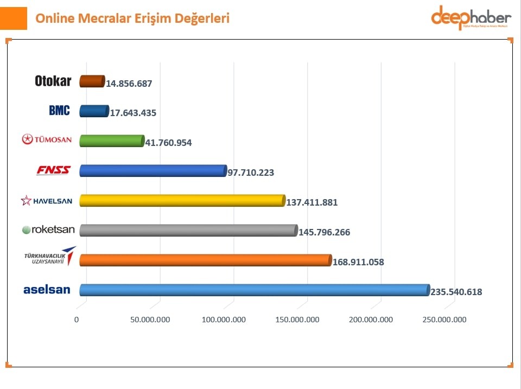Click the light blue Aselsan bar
click(x=254, y=290)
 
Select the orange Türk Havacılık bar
click(x=205, y=260)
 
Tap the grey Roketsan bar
click(x=188, y=231)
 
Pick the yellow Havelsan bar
click(x=182, y=201)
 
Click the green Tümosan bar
click(x=112, y=141)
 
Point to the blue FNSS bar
click(x=153, y=171)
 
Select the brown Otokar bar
click(x=92, y=81)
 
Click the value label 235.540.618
click(x=456, y=292)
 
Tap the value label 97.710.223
click(x=251, y=173)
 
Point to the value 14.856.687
click(x=129, y=84)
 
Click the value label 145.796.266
click(x=325, y=232)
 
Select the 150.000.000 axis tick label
click(x=297, y=320)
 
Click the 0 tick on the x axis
click(x=77, y=320)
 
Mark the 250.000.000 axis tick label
click(x=444, y=320)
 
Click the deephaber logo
click(x=471, y=18)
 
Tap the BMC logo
click(x=59, y=111)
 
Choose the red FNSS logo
click(x=53, y=170)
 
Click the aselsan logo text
click(x=47, y=290)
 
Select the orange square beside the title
click(x=13, y=18)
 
